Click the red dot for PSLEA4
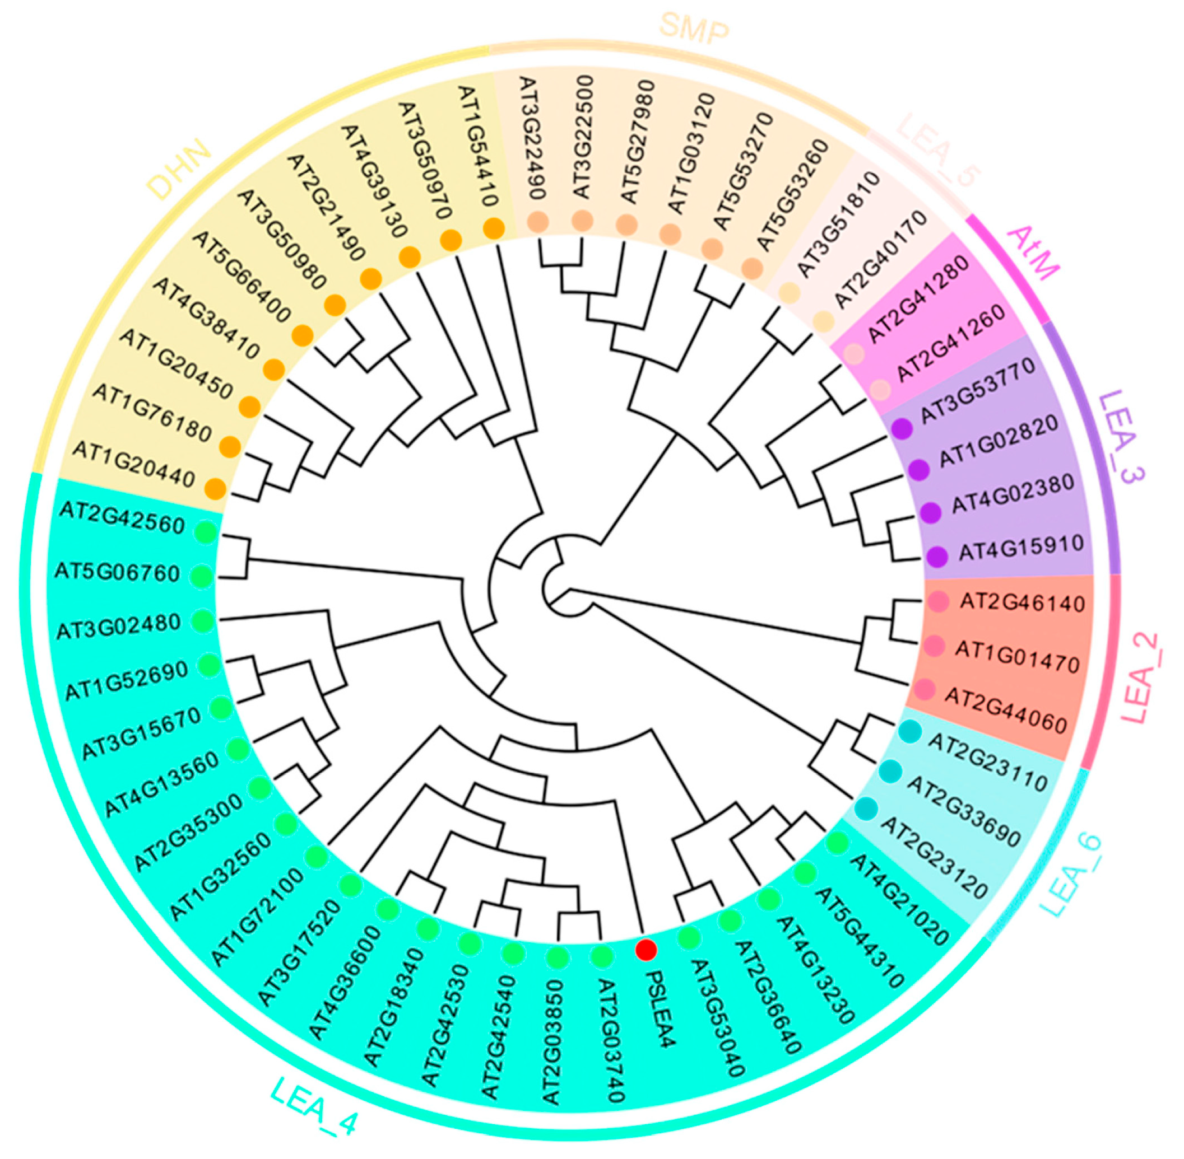point(646,949)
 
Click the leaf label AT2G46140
point(1023,602)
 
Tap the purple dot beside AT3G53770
point(902,428)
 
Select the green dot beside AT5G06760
point(202,574)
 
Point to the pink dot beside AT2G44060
point(925,690)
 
